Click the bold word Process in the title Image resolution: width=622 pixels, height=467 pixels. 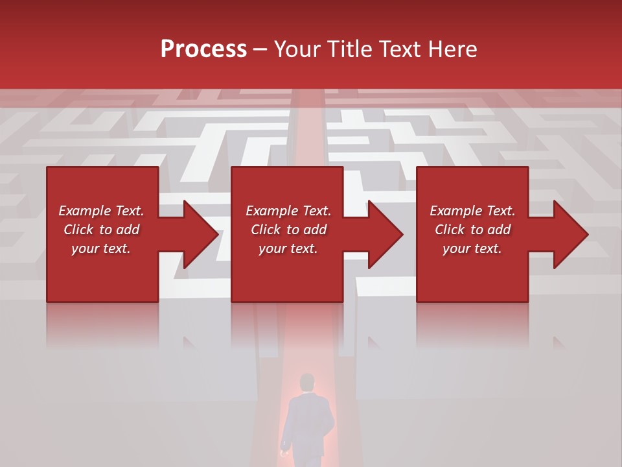(x=203, y=49)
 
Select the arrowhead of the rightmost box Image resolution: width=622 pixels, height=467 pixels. (x=570, y=234)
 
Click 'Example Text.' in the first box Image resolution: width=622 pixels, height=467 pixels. (x=101, y=211)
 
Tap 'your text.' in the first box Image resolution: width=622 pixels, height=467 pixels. (x=101, y=248)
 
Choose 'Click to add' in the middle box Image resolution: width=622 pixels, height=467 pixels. (x=288, y=230)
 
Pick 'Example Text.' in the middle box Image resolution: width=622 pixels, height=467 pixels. (x=288, y=211)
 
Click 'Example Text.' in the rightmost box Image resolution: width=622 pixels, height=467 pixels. (x=472, y=211)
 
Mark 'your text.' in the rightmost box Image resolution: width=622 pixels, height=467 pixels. (x=472, y=248)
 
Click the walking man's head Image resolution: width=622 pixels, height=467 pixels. (x=306, y=382)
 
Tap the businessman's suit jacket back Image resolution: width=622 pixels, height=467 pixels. (x=308, y=422)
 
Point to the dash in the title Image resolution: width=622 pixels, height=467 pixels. (x=260, y=50)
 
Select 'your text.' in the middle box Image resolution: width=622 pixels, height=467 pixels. (x=288, y=248)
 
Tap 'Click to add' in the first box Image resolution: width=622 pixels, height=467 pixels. (x=101, y=230)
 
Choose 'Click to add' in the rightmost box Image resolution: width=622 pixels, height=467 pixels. (x=472, y=230)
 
